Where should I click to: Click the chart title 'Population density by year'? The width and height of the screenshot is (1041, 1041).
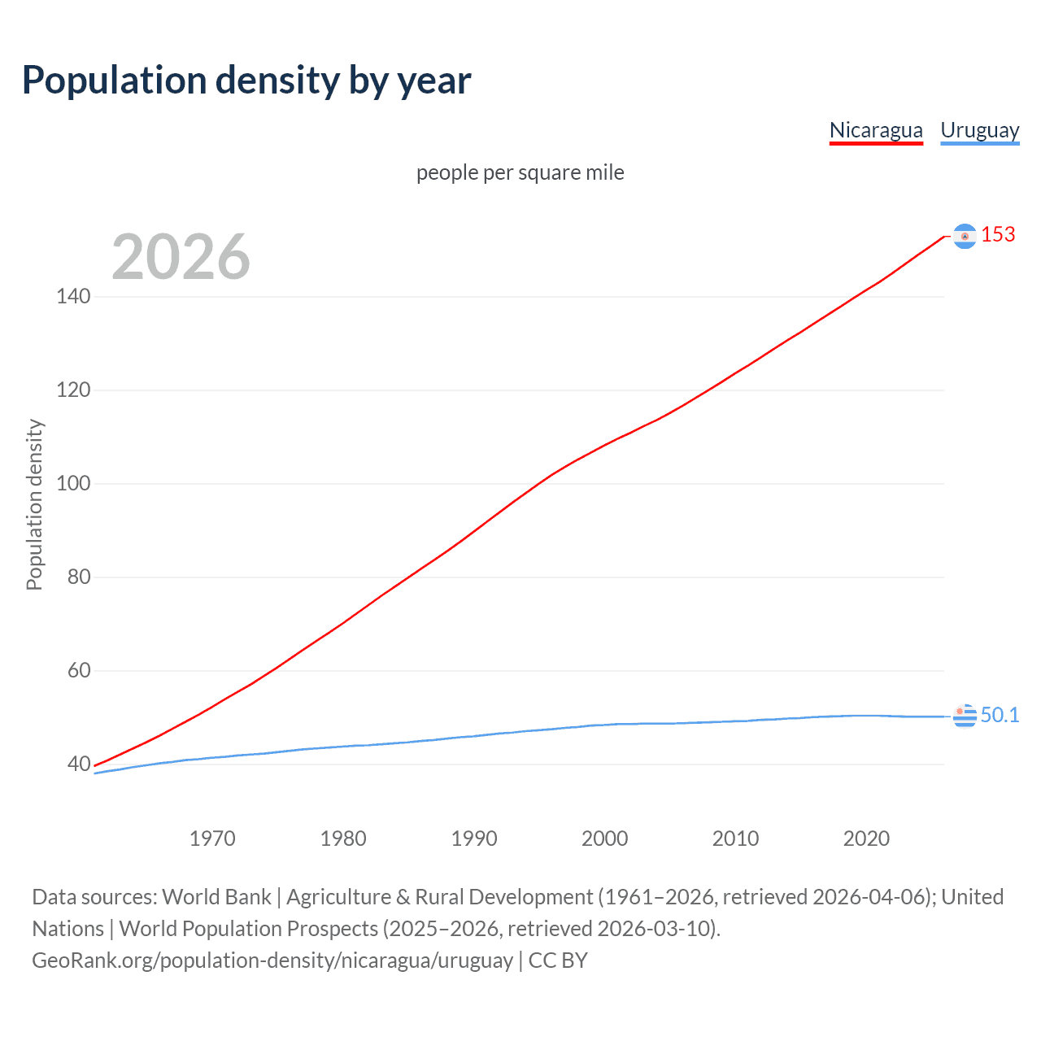click(246, 81)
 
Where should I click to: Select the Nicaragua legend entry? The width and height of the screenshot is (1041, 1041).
click(876, 130)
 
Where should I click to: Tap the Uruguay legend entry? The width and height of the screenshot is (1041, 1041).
click(979, 130)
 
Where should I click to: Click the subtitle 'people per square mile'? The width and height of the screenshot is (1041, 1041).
click(520, 172)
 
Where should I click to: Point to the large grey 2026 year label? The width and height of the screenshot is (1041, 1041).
click(181, 257)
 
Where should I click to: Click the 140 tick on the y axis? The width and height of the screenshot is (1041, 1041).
click(73, 296)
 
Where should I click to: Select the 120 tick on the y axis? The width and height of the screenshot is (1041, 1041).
click(73, 390)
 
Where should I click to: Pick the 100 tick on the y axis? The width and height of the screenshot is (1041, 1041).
click(73, 483)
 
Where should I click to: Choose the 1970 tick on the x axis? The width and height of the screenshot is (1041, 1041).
click(212, 838)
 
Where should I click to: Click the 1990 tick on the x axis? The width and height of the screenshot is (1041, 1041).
click(474, 838)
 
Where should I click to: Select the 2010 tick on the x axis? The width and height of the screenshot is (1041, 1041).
click(735, 838)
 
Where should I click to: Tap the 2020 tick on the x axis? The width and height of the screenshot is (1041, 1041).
click(866, 838)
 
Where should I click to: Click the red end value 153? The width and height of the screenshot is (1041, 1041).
click(998, 234)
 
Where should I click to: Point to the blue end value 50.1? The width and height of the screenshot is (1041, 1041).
click(1000, 715)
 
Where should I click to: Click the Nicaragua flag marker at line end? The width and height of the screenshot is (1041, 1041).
click(965, 236)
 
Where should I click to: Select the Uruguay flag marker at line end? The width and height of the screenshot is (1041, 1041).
click(965, 716)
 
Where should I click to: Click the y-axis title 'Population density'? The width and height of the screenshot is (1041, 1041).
click(34, 504)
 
